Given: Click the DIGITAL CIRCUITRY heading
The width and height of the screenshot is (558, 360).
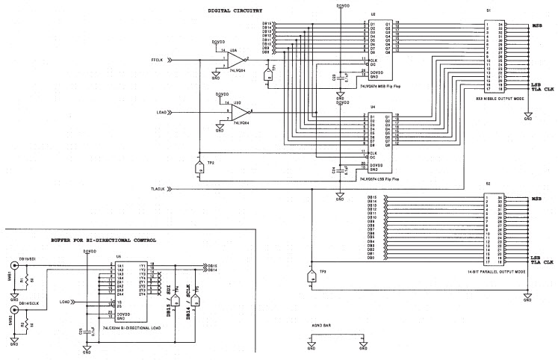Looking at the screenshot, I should pos(236,10).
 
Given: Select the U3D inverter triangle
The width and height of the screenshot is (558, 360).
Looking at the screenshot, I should pos(238,113).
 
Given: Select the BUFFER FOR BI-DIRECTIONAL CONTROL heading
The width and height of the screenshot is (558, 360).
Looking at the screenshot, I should pos(104,240).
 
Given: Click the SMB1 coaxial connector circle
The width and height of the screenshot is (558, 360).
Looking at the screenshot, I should pos(14,266).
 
